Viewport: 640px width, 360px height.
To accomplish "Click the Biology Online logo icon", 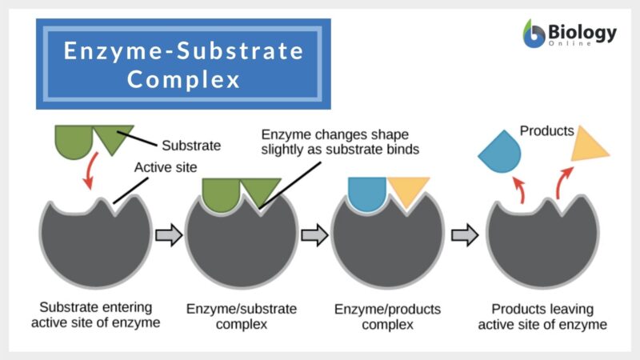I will coord(533,34).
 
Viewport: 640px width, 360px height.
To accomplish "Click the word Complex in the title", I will coord(183,80).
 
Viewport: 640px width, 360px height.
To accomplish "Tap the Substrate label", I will coord(191,146).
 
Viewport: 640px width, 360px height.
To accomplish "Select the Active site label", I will coord(166,168).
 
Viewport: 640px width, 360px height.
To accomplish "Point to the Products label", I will coord(546,130).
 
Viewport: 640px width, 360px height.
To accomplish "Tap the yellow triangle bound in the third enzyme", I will coord(410,190).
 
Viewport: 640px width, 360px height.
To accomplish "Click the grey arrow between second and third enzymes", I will coord(314,234).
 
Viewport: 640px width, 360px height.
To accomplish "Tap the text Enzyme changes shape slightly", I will coord(340,142).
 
